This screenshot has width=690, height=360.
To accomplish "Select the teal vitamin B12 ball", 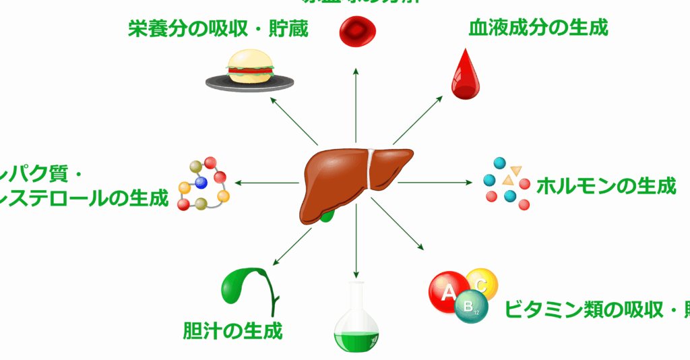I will pos(468,308).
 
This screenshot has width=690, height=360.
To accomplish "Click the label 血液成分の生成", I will pos(538,28).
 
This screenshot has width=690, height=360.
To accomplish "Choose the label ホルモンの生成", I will pos(606,186).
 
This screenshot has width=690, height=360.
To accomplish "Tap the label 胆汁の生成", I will pos(232,330).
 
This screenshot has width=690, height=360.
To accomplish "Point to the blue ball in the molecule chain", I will pos(200,182).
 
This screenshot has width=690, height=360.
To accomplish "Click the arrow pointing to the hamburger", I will pos(294,121).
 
